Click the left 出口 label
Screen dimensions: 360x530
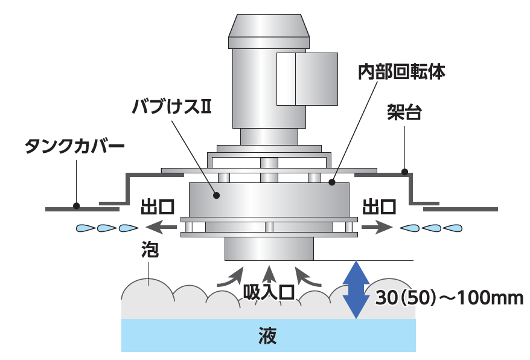pos(158,207)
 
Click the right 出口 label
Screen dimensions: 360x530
pos(379,207)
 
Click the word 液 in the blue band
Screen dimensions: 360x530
pos(268,335)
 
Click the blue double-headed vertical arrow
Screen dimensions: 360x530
pos(357,289)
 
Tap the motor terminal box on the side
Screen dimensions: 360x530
pos(306,78)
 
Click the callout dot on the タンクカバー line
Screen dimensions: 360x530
pos(76,205)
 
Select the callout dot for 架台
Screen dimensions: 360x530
pos(405,171)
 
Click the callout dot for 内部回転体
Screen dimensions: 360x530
pos(331,181)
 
